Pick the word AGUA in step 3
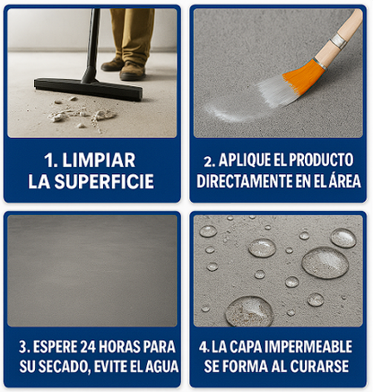(161, 366)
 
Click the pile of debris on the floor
(81, 114)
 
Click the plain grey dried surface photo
(92, 268)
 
